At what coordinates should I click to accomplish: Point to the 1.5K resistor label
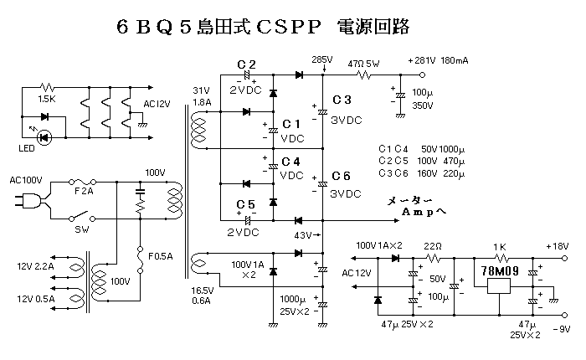pos(46,100)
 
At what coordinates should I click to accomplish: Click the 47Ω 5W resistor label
pos(364,62)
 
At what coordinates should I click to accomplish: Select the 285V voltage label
pos(321,60)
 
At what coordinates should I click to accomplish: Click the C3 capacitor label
pos(342,100)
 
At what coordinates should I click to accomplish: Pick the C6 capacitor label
pos(342,176)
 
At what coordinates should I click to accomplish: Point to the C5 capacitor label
pos(246,204)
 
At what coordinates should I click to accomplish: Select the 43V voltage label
pos(303,234)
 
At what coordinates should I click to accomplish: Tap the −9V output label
pos(559,329)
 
